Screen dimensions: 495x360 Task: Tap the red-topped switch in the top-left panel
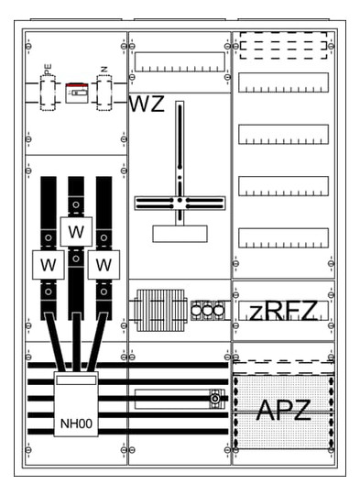coord(75,92)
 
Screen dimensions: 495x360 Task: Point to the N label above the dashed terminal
coord(104,69)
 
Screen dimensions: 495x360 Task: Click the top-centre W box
coord(76,230)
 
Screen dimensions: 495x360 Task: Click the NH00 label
coord(75,423)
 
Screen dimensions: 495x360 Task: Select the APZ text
coord(283,411)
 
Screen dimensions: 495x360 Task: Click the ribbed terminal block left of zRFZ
coord(158,310)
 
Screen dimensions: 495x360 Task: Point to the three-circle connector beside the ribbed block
coord(208,311)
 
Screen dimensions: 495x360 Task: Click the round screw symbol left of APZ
coord(215,399)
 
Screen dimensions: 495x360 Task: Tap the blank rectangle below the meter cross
coord(180,233)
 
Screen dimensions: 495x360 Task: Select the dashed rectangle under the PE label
coord(49,93)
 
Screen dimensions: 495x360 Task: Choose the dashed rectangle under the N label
coord(104,93)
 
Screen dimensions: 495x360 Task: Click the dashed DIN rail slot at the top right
coord(282,46)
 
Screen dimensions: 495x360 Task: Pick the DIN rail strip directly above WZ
coord(180,62)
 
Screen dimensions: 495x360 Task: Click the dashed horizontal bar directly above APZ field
coord(282,364)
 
